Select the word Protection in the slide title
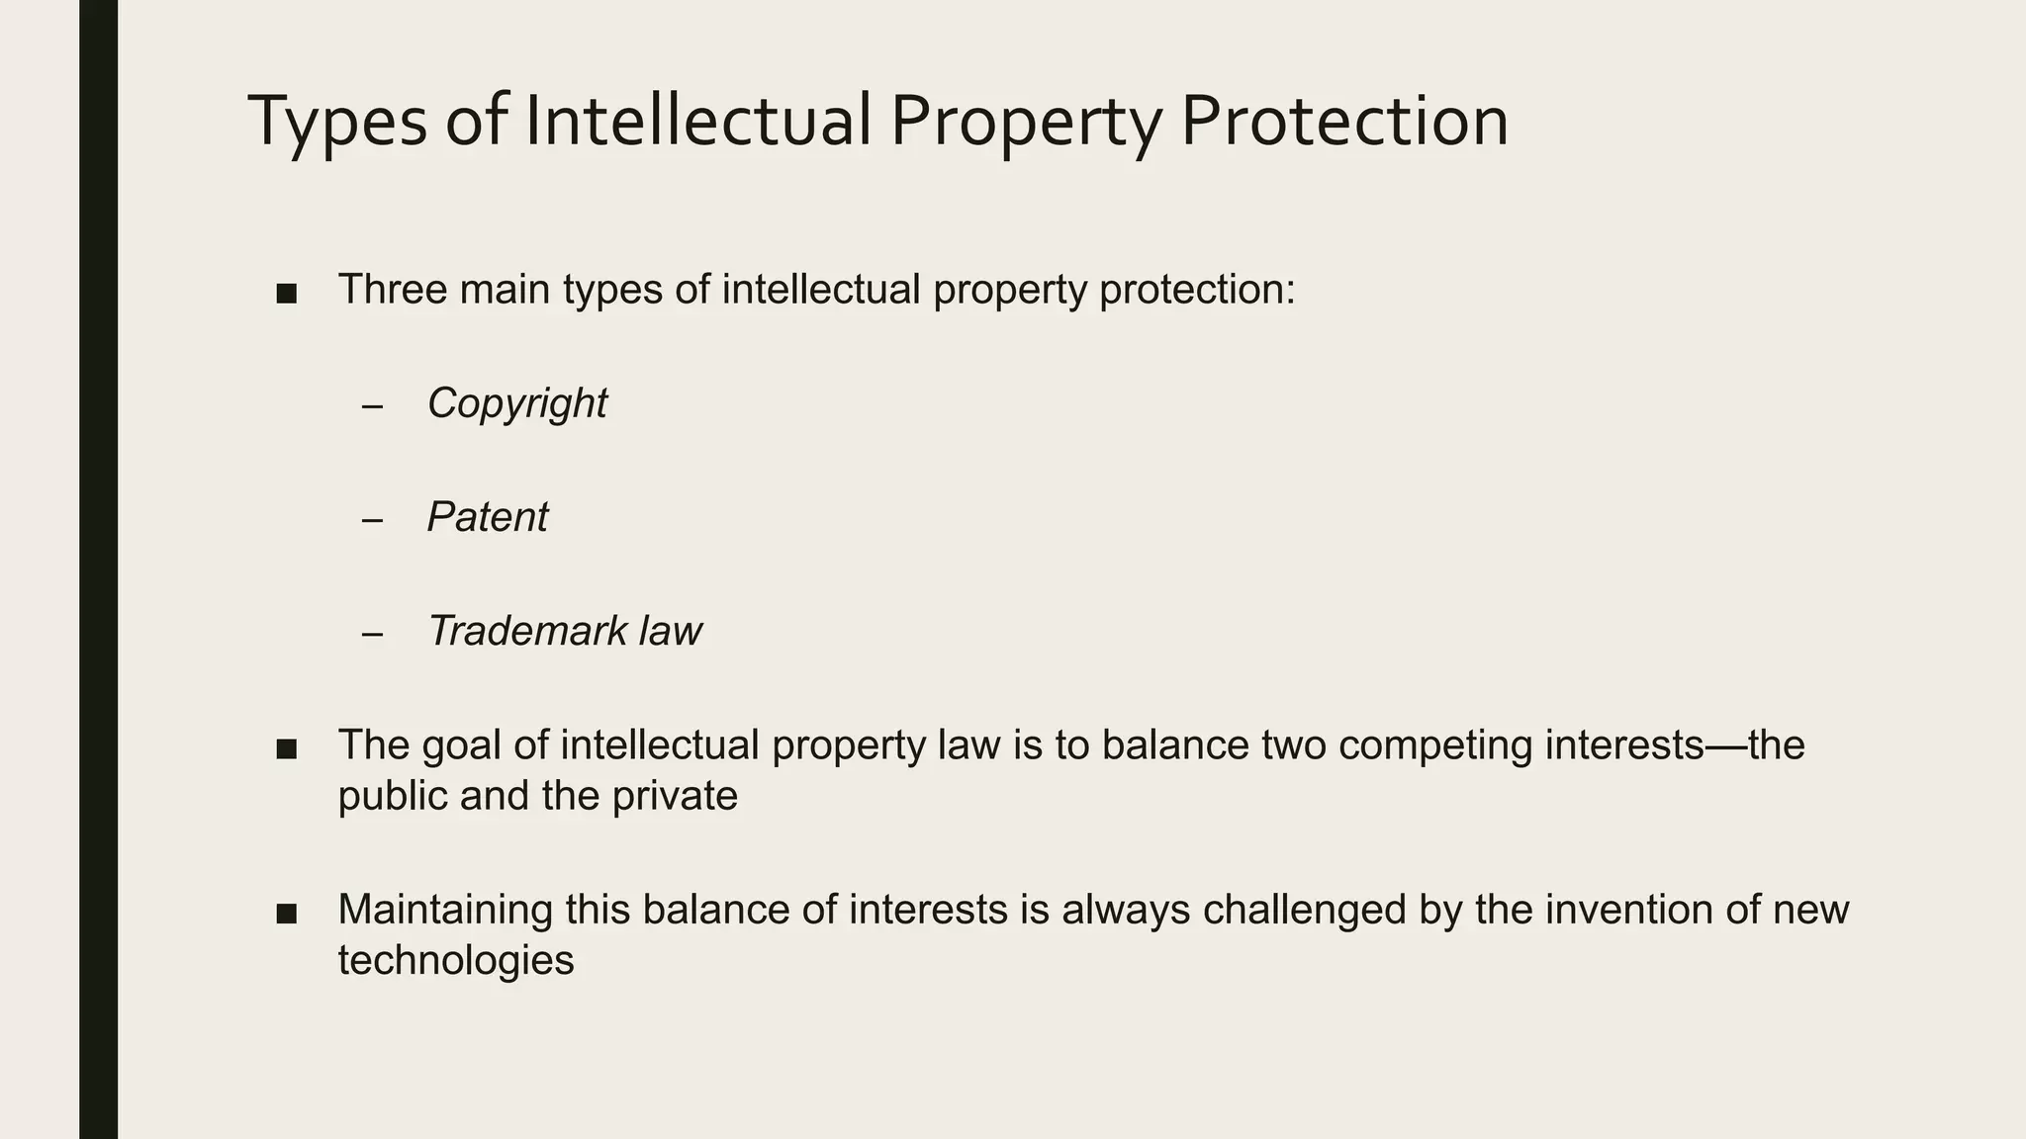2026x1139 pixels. (1344, 121)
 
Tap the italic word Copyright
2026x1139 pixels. (516, 403)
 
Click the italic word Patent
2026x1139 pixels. (487, 517)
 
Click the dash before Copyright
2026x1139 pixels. (372, 406)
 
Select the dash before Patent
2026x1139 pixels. (372, 520)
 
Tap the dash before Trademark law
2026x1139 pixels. (372, 634)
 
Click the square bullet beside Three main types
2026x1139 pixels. (287, 294)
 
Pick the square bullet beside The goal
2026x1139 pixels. (287, 748)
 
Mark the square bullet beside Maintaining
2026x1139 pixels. (287, 914)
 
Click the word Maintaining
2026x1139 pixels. (445, 910)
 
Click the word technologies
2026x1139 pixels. (455, 961)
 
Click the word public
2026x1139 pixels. (392, 796)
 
